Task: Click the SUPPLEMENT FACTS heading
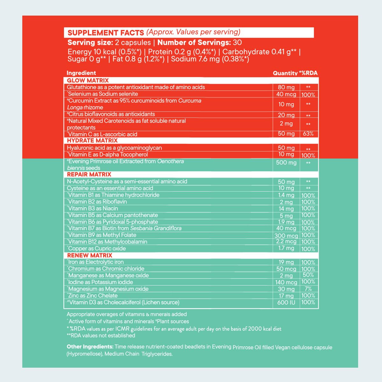[106, 32]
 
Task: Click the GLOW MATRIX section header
[88, 81]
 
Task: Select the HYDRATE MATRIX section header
[92, 140]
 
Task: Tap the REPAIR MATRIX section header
[89, 174]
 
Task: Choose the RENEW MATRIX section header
[89, 255]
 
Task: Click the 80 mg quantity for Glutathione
[286, 87]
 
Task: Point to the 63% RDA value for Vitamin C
[308, 134]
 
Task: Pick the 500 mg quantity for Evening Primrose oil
[286, 163]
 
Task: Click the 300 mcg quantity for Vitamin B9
[286, 236]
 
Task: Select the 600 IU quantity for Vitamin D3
[286, 302]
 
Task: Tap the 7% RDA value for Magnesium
[308, 289]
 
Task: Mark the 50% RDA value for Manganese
[308, 275]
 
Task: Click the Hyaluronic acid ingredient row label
[114, 148]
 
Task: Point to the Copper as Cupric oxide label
[97, 249]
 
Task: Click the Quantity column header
[285, 73]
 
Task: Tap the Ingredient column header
[81, 73]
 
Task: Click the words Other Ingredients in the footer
[90, 347]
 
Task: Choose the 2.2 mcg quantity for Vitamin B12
[286, 242]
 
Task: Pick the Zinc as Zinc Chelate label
[93, 295]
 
